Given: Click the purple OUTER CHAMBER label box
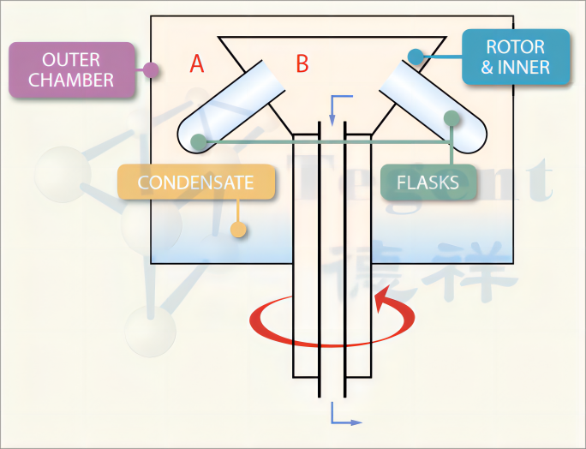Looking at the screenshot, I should coord(72,70).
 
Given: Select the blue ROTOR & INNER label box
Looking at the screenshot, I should coord(515,57).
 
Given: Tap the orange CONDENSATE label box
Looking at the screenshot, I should coord(196,183).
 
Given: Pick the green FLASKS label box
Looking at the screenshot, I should coord(428,183).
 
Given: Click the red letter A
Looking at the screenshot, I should coord(197,64).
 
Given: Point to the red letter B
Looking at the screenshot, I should coord(302,63).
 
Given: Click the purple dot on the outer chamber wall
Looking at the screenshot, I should coord(151,70).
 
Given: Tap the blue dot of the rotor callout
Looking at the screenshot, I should coord(415,57).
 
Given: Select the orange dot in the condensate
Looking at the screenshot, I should coord(239,230).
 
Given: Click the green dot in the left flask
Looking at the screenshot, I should coord(198,141).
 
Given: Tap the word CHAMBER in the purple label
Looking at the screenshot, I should coord(72,81).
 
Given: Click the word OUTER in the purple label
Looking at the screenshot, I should coord(72,61).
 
